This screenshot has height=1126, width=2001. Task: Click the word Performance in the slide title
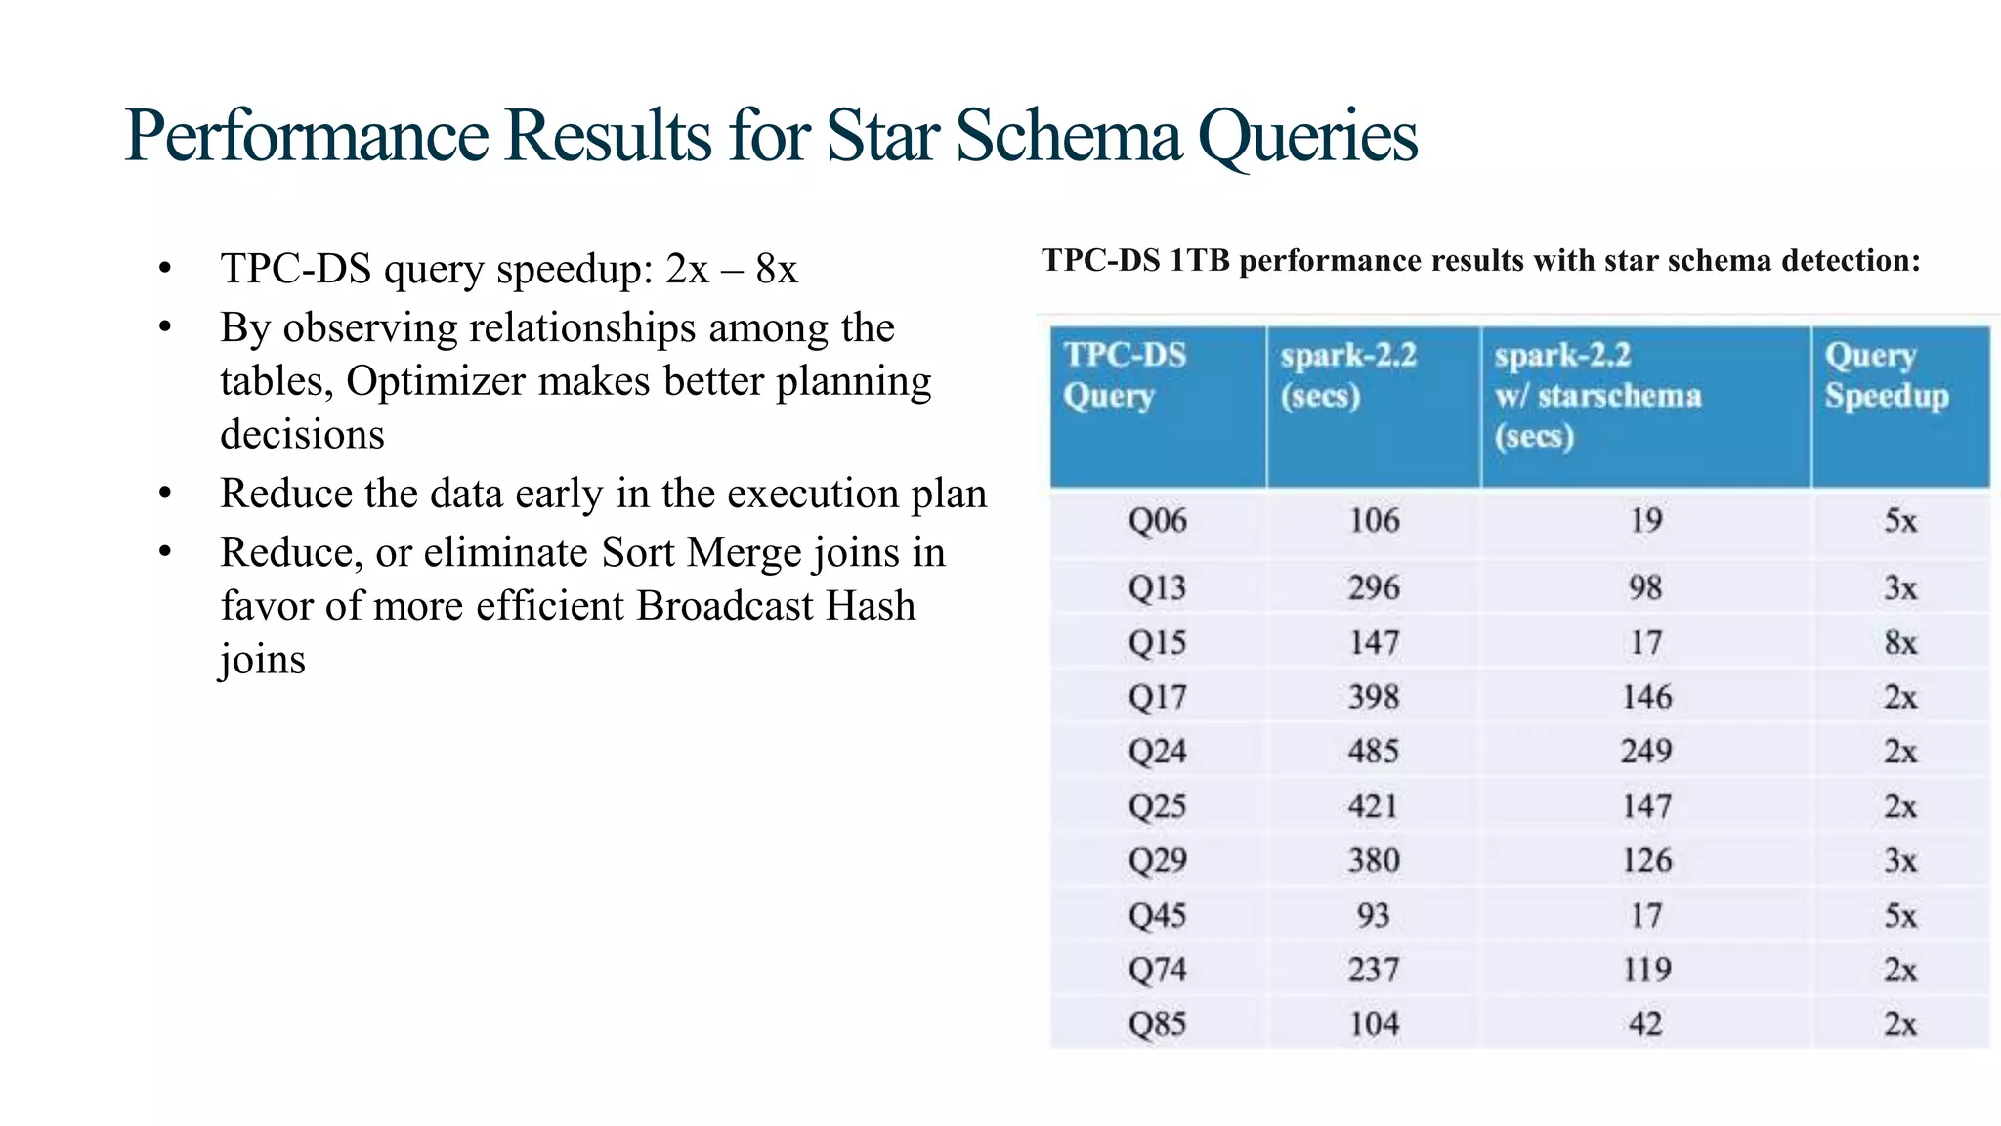click(306, 136)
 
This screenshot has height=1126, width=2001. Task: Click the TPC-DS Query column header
click(1125, 375)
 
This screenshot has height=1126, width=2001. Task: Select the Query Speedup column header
click(1886, 375)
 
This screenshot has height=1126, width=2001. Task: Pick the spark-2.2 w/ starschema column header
click(1597, 395)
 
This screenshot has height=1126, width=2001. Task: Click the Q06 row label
click(1157, 521)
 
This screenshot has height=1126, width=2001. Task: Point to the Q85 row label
click(1157, 1024)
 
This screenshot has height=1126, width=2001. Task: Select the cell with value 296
click(1374, 587)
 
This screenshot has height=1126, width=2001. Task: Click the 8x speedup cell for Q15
click(1900, 643)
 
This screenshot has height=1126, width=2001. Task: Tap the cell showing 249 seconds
click(1646, 752)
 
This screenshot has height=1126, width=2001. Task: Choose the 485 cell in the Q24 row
click(1374, 752)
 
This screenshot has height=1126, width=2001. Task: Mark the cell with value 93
click(1373, 916)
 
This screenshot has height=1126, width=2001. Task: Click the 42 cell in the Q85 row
click(1646, 1024)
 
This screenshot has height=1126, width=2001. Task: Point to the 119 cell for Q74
click(1646, 970)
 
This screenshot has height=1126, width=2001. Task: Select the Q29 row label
click(1157, 861)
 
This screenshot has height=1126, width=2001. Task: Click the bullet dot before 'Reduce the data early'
click(165, 494)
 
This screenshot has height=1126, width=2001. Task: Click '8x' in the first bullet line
click(777, 269)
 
